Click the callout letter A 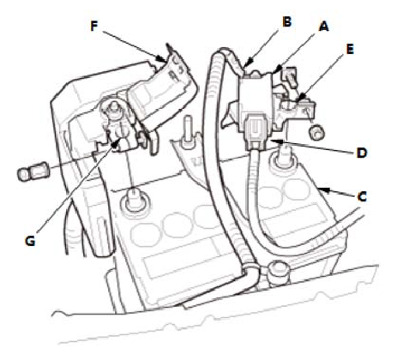[x=323, y=27]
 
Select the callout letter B [x=286, y=21]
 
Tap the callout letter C [x=362, y=197]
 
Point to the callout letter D [x=362, y=153]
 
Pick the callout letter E [x=350, y=49]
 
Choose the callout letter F [x=94, y=26]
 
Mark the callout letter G [x=30, y=241]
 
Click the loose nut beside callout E [x=316, y=133]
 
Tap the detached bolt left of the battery [x=33, y=171]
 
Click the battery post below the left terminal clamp [x=133, y=201]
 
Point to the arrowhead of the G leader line [x=115, y=144]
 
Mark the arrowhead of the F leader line [x=160, y=59]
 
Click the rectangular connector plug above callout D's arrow [x=256, y=132]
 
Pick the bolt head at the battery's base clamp [x=275, y=271]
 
